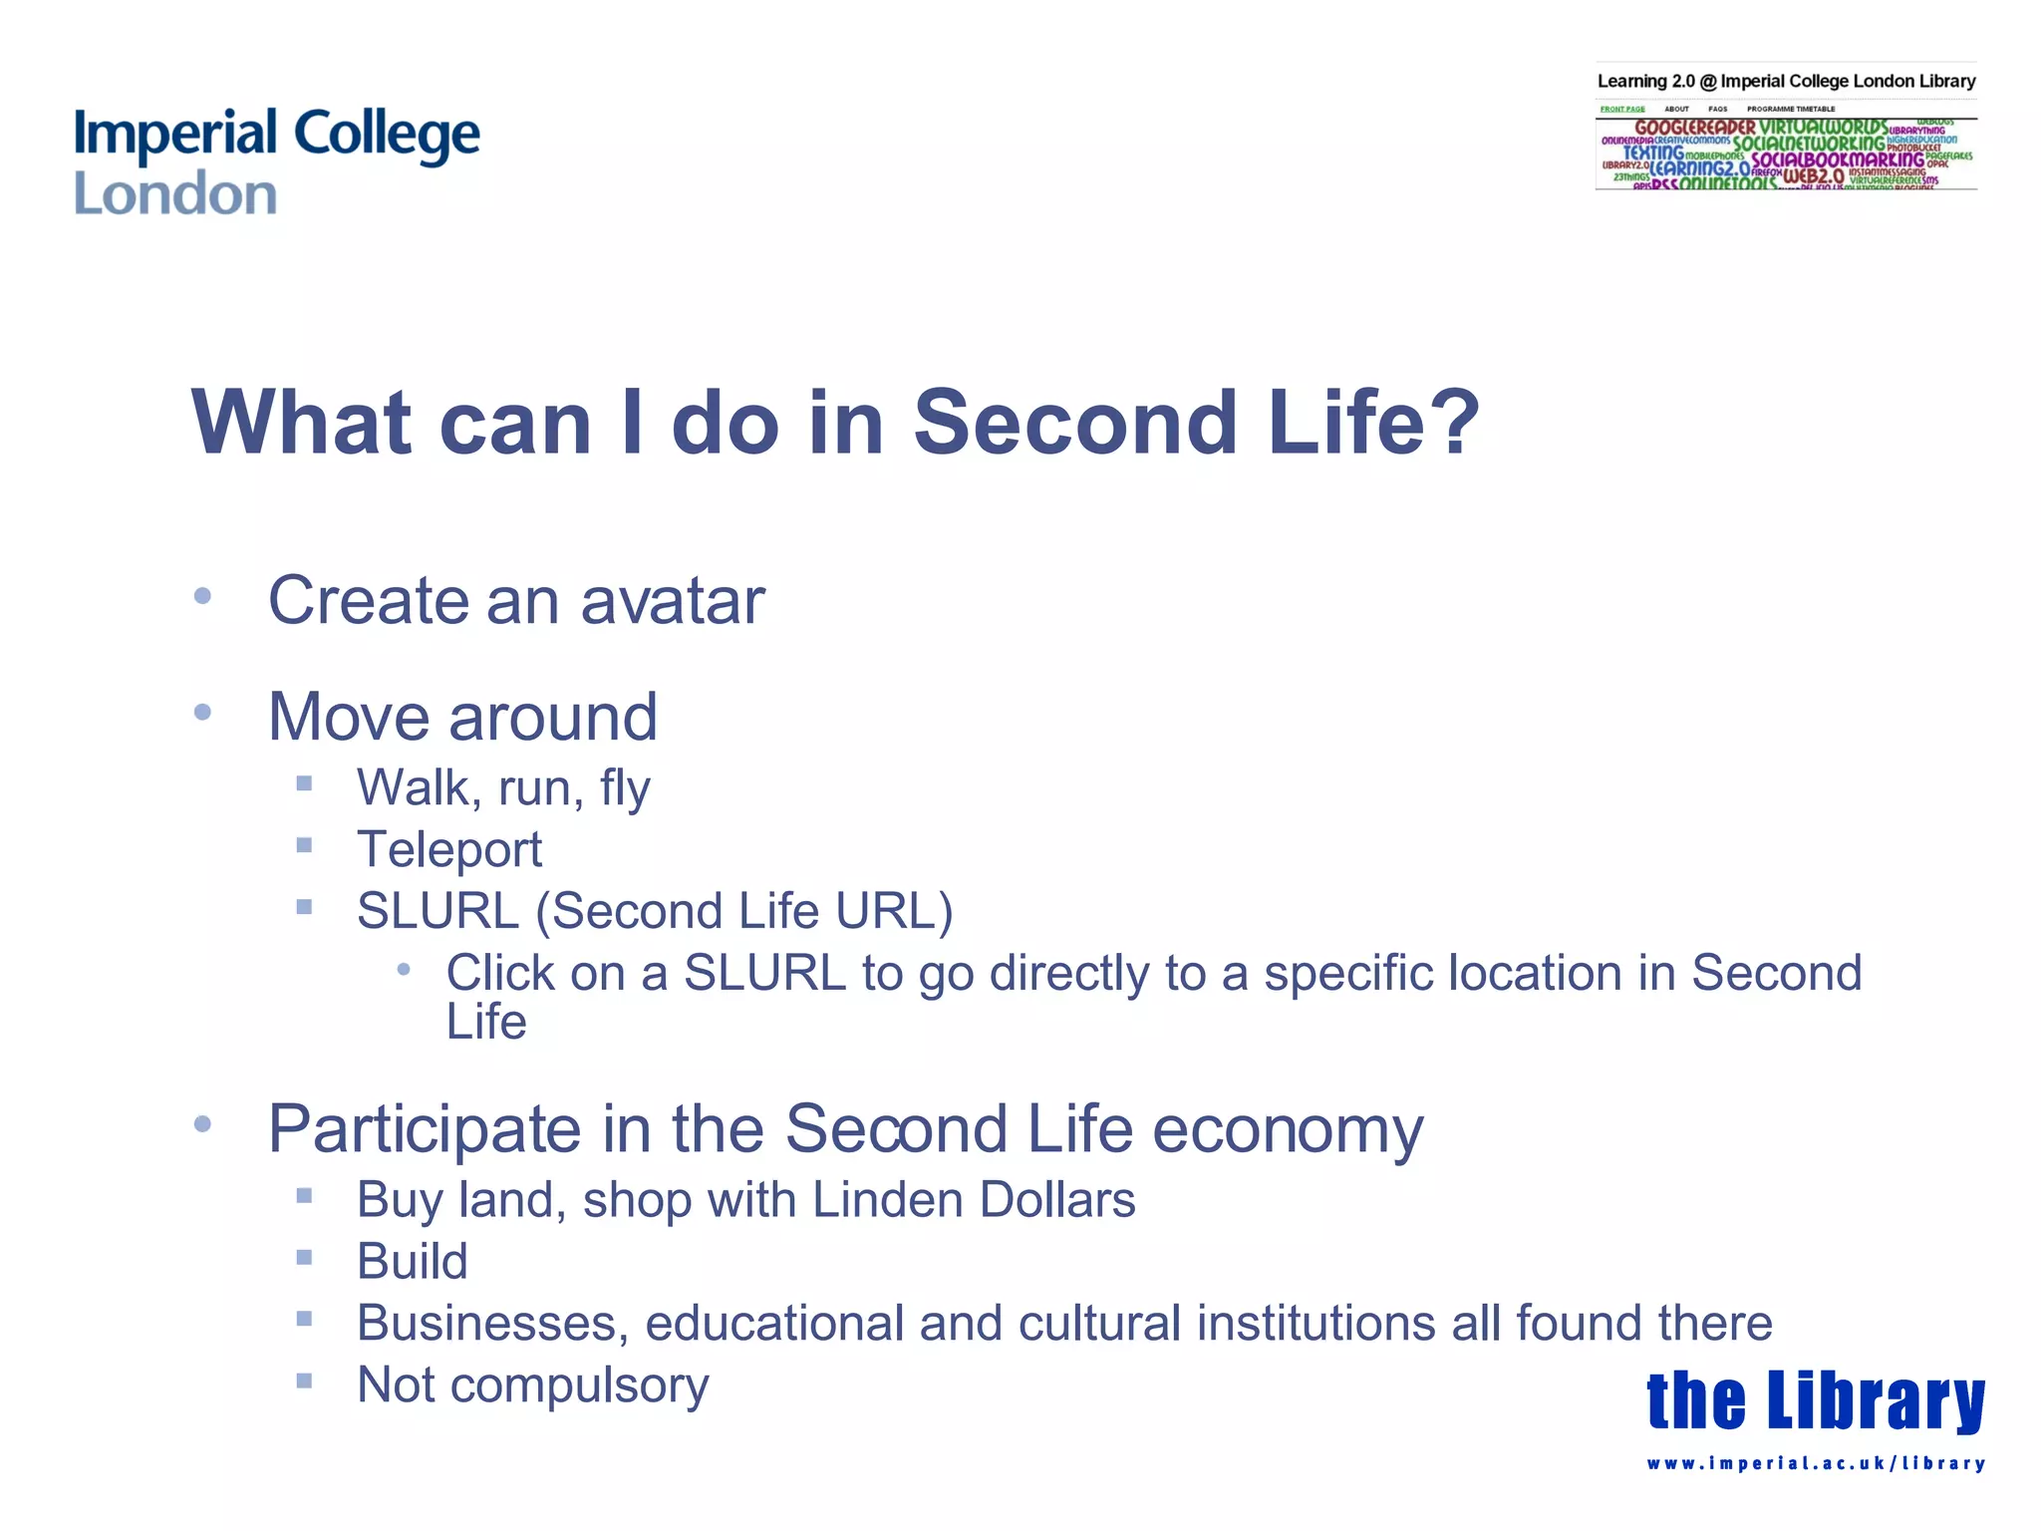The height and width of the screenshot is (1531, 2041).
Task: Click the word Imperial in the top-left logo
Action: click(x=174, y=135)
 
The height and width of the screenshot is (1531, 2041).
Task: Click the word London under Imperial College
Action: click(x=175, y=194)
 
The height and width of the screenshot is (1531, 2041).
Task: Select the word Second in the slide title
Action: click(x=1074, y=423)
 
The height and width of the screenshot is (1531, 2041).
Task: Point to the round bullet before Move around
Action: click(x=203, y=713)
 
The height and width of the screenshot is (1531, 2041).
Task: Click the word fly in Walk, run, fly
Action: click(x=625, y=788)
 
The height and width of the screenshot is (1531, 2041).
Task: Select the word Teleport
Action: click(x=449, y=850)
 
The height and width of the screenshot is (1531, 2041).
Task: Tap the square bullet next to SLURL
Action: click(x=305, y=907)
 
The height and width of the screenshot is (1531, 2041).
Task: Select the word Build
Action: click(x=413, y=1262)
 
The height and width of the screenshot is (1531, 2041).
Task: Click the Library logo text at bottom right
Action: click(x=1815, y=1400)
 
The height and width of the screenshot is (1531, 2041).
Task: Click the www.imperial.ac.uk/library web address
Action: click(x=1815, y=1463)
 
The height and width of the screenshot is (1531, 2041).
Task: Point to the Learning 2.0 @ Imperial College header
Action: click(x=1786, y=81)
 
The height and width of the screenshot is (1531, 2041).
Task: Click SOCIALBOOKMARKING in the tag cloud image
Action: click(x=1837, y=159)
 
